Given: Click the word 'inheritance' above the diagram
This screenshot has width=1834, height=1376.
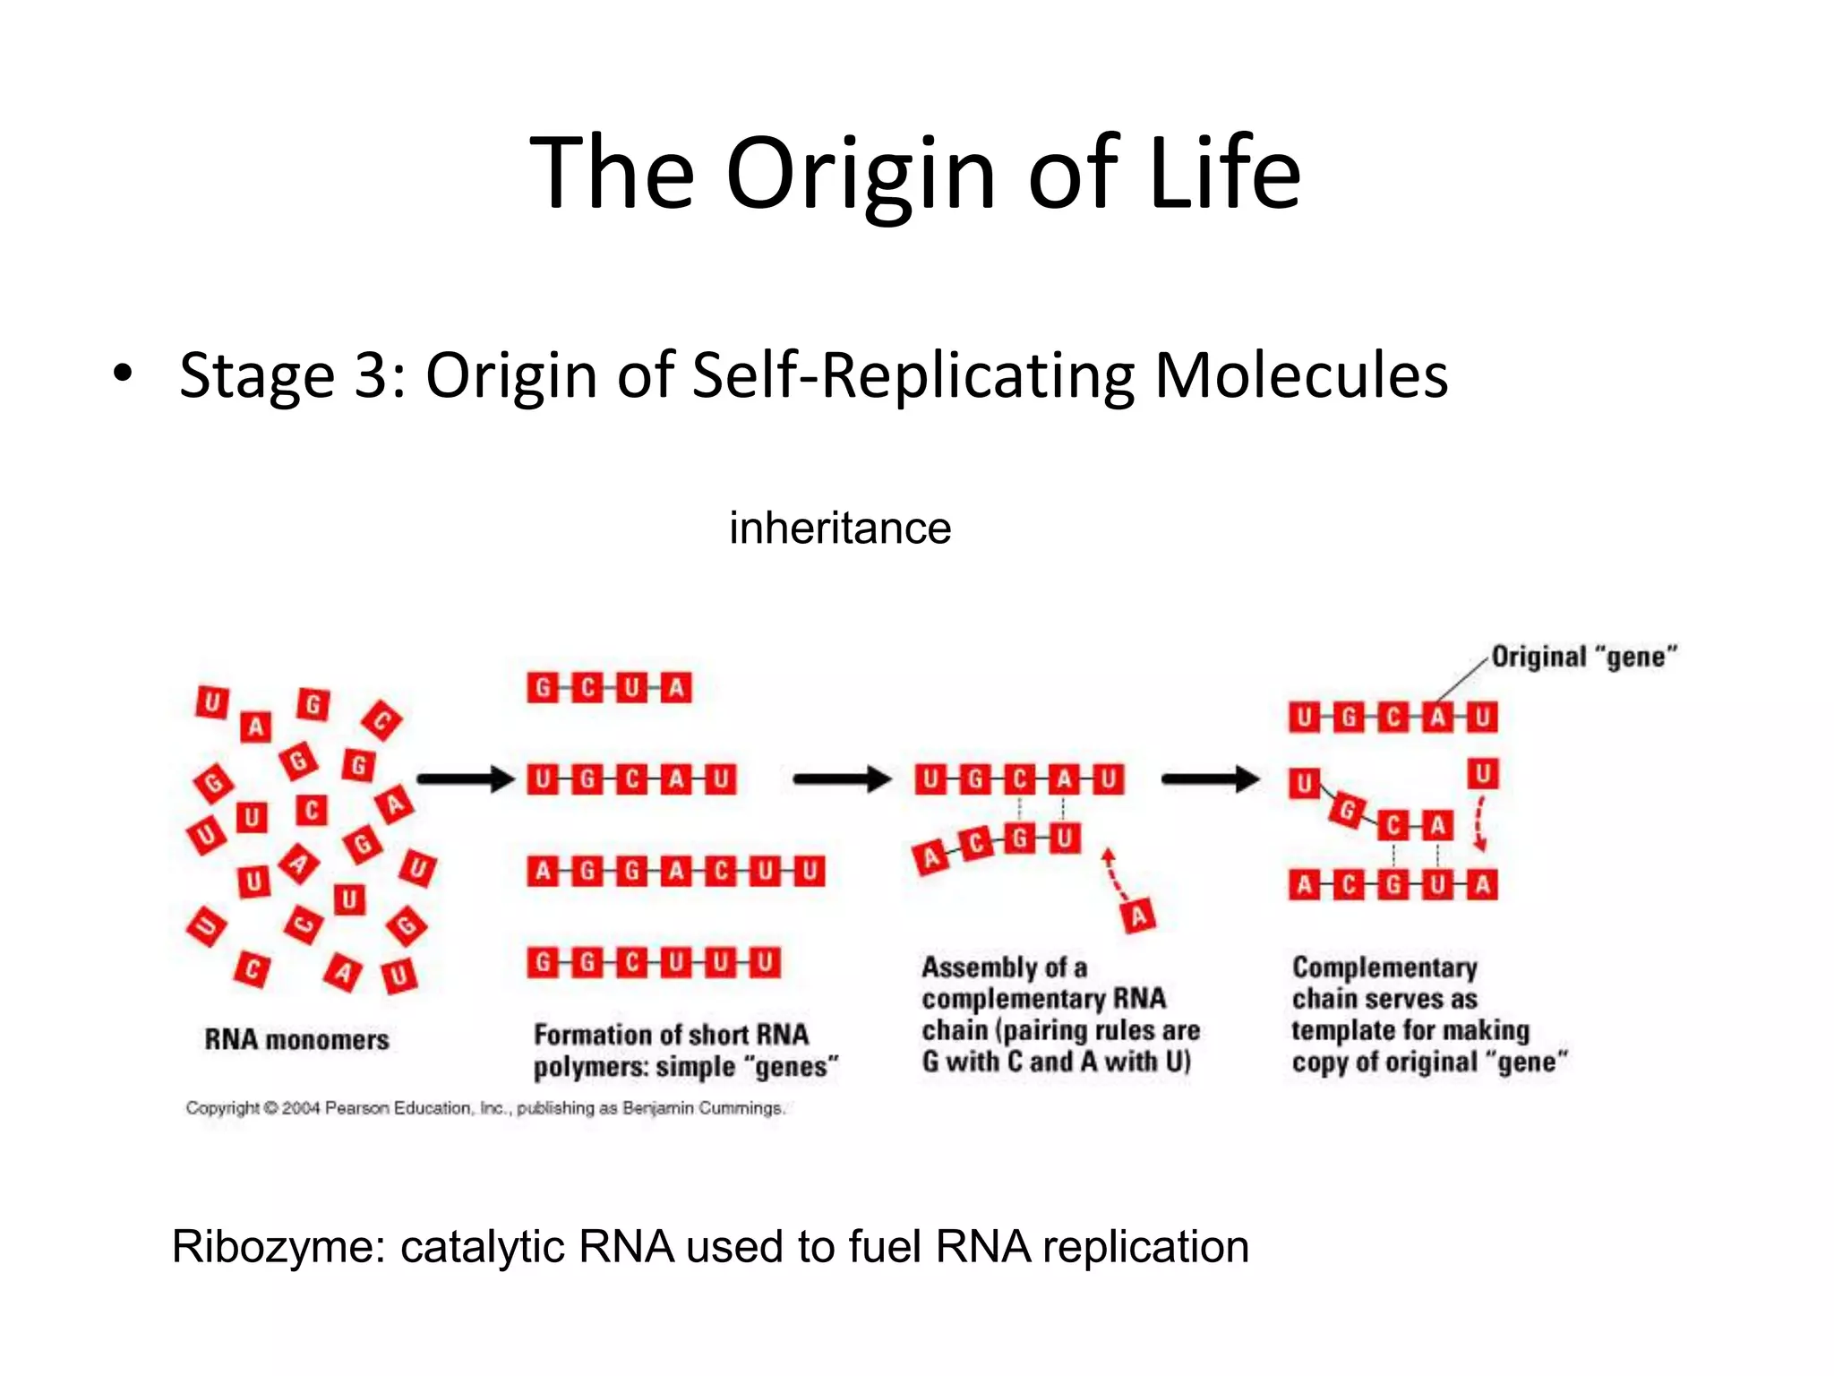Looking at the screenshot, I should [839, 528].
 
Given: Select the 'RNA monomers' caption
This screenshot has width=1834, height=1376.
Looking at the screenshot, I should [296, 1039].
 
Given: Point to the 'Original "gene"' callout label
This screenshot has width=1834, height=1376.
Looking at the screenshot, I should [1583, 657].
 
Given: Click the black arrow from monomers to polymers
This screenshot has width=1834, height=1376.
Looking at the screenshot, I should [465, 778].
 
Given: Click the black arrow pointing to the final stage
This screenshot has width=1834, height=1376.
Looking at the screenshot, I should [1209, 778].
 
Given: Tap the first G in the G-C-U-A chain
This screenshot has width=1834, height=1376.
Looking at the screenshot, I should [543, 688].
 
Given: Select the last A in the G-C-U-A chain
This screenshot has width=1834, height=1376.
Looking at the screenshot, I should [676, 688].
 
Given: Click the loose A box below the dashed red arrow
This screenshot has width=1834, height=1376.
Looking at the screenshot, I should [1138, 916].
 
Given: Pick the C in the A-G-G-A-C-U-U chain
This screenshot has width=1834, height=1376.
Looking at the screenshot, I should [720, 871].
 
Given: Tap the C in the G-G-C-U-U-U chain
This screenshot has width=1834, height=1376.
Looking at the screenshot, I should [631, 963].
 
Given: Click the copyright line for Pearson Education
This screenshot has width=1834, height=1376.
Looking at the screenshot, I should [485, 1108].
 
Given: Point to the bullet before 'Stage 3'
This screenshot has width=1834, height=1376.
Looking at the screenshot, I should [123, 373].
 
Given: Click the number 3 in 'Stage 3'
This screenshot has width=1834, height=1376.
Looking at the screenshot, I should [373, 374].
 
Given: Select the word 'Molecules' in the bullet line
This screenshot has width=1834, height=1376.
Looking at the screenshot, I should [1300, 374].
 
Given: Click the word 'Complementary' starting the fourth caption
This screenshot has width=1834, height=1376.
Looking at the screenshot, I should [1384, 967].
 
